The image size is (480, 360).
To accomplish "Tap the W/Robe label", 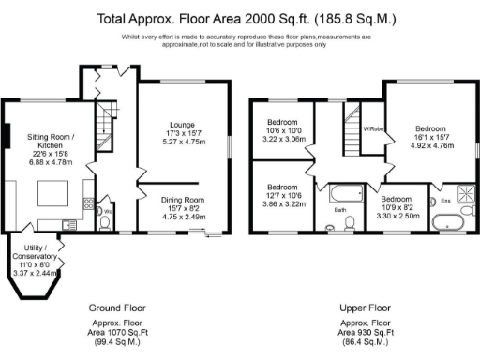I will [374, 128].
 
